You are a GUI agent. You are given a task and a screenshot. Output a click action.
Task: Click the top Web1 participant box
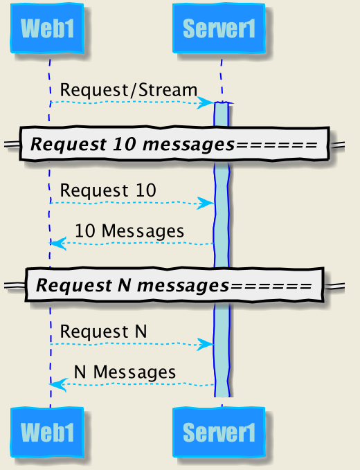47,28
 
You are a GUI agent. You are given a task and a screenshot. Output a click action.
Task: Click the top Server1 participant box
219,28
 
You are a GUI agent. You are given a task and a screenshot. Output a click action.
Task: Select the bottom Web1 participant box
47,432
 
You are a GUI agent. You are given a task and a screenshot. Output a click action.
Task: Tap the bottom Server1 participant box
219,432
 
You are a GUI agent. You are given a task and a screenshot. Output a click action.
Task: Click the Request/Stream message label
129,90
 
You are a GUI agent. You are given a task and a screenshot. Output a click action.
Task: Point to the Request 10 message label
108,190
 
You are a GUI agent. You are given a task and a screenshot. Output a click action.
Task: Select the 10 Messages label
129,231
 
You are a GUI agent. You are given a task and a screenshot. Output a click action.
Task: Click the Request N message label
104,332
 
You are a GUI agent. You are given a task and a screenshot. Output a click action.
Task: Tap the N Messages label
125,372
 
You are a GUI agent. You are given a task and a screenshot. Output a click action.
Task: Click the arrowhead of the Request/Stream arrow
206,103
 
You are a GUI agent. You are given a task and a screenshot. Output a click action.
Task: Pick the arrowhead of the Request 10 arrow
206,204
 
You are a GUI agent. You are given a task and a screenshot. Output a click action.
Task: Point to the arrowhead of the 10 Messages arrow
58,244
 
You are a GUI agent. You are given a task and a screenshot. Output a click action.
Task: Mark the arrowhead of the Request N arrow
206,345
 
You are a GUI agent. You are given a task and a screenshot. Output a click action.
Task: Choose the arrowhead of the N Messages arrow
58,385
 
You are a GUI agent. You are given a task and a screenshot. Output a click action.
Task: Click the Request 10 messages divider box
174,144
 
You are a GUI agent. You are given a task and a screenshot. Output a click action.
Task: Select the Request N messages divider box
174,285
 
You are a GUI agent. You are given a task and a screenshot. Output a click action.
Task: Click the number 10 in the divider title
125,144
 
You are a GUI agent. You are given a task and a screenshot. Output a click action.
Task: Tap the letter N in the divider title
124,285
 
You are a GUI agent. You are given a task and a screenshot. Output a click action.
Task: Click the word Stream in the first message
168,90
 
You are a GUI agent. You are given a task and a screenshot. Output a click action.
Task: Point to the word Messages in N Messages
134,372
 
